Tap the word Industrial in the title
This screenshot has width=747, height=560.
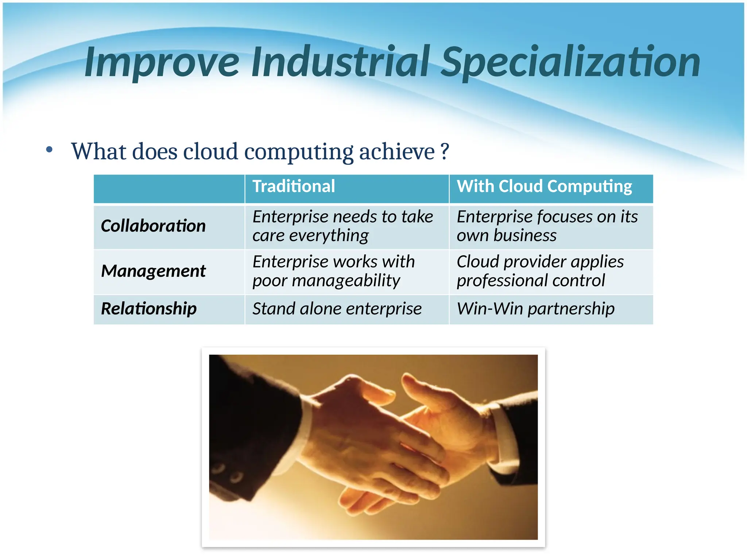341,62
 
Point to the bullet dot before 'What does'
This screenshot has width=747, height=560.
50,149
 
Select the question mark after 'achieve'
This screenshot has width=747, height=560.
444,151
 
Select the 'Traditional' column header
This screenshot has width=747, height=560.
294,186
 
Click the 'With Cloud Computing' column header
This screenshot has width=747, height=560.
544,186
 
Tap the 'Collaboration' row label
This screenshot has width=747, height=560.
153,226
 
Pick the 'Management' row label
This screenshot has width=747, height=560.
153,271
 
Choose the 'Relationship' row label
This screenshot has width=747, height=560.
149,309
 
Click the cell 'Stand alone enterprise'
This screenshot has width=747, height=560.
337,309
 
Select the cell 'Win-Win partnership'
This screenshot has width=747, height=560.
535,309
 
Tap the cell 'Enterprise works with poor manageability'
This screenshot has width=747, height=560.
333,271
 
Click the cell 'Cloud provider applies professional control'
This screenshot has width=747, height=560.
540,271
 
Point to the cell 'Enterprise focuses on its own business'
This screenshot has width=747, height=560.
547,226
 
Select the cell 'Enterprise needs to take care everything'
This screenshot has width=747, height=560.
342,226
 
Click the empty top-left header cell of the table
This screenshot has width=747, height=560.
169,188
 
